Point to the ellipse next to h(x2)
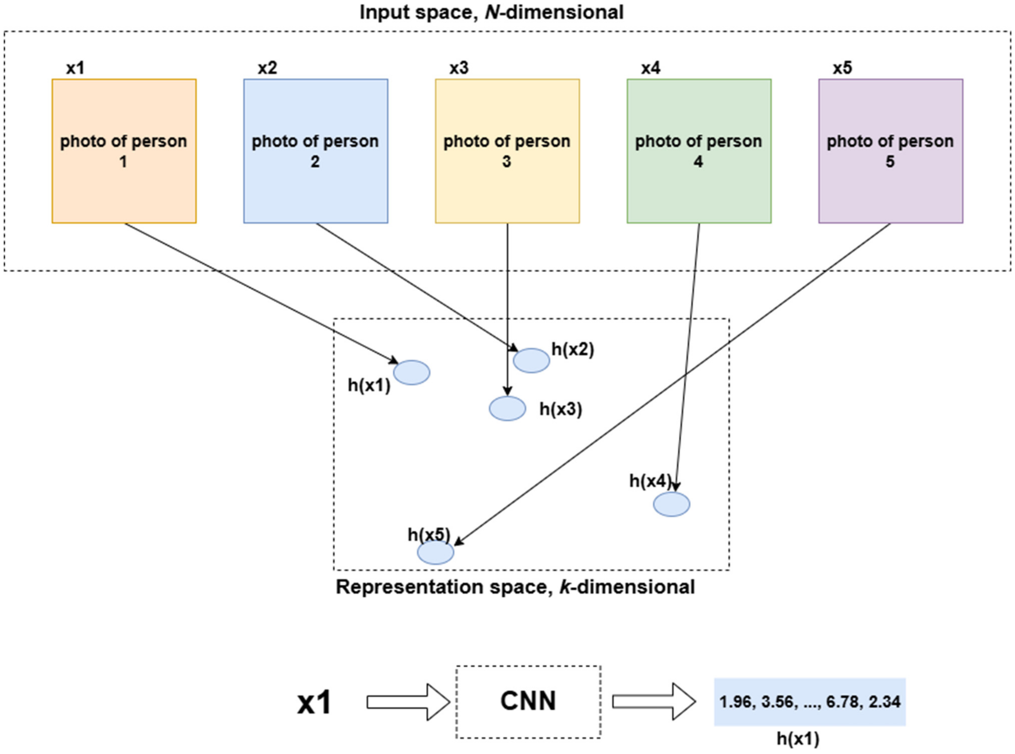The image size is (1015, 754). [531, 360]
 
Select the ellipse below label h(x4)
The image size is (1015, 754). [671, 504]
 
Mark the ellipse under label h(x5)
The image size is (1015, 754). [435, 552]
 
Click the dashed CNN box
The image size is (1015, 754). [528, 701]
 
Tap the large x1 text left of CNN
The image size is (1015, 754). [314, 702]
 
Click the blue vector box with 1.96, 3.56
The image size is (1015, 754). [810, 701]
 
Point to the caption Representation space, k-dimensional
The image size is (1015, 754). [515, 587]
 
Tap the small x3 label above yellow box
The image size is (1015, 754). [459, 68]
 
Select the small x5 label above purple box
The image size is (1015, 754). [842, 68]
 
